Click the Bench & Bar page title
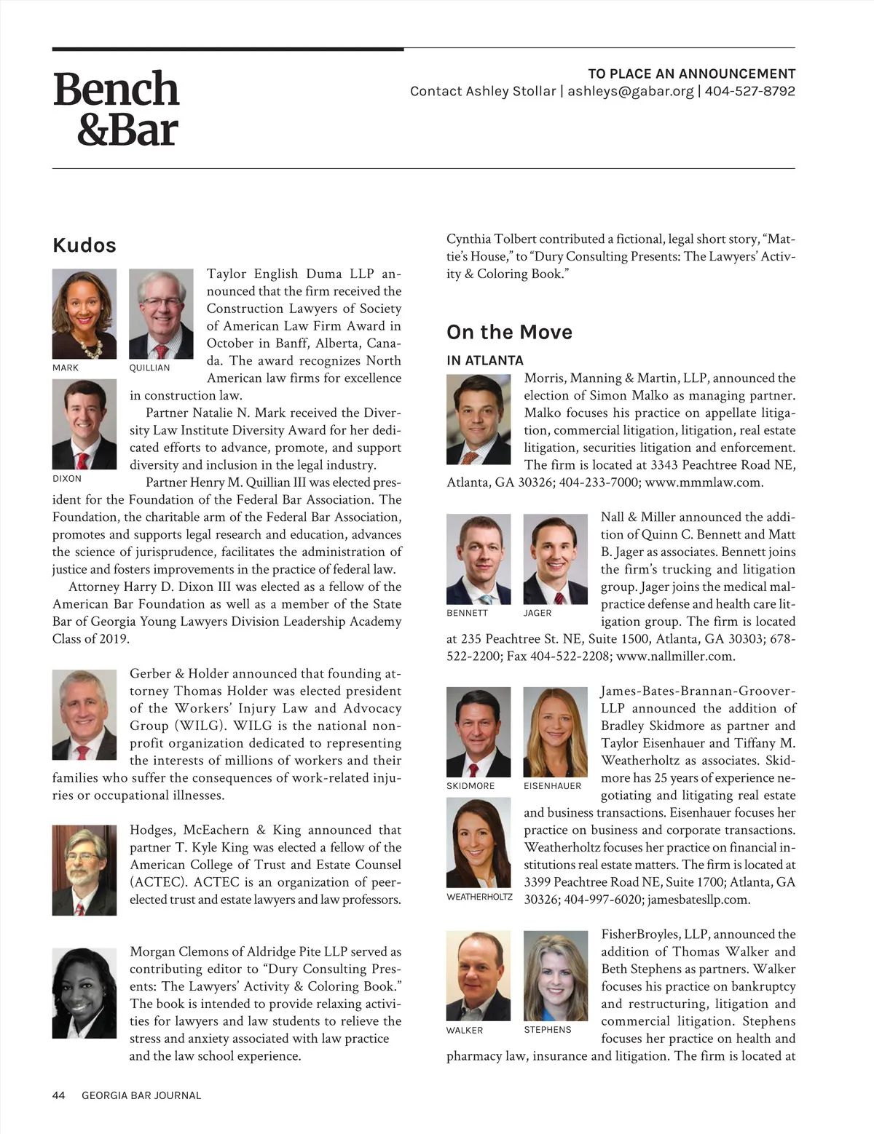tap(116, 108)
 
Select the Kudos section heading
tap(84, 245)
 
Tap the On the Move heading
tap(509, 333)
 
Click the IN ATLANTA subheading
tap(485, 360)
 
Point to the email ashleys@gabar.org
tap(630, 92)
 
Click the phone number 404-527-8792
tap(749, 92)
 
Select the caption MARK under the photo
tap(66, 368)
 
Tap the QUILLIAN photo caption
tap(149, 368)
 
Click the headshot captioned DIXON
tap(84, 424)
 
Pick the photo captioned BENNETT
tap(479, 559)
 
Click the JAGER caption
tap(538, 613)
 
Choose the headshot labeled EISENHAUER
tap(555, 732)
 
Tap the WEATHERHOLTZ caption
tap(479, 897)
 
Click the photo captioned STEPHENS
tap(555, 977)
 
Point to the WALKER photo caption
tap(465, 1030)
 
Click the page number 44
tap(59, 1095)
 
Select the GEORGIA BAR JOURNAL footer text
tap(141, 1095)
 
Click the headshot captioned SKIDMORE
tap(479, 732)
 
